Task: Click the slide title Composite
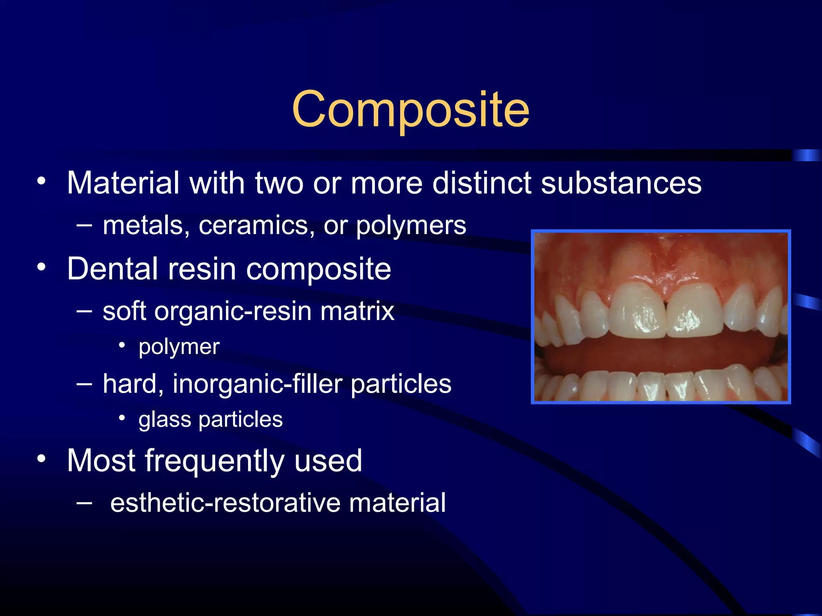[x=411, y=109]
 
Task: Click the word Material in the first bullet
[x=123, y=183]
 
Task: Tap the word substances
[x=621, y=183]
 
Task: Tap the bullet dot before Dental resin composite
[x=41, y=267]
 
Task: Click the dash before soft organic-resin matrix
[x=84, y=310]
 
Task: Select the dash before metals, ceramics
[x=84, y=225]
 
